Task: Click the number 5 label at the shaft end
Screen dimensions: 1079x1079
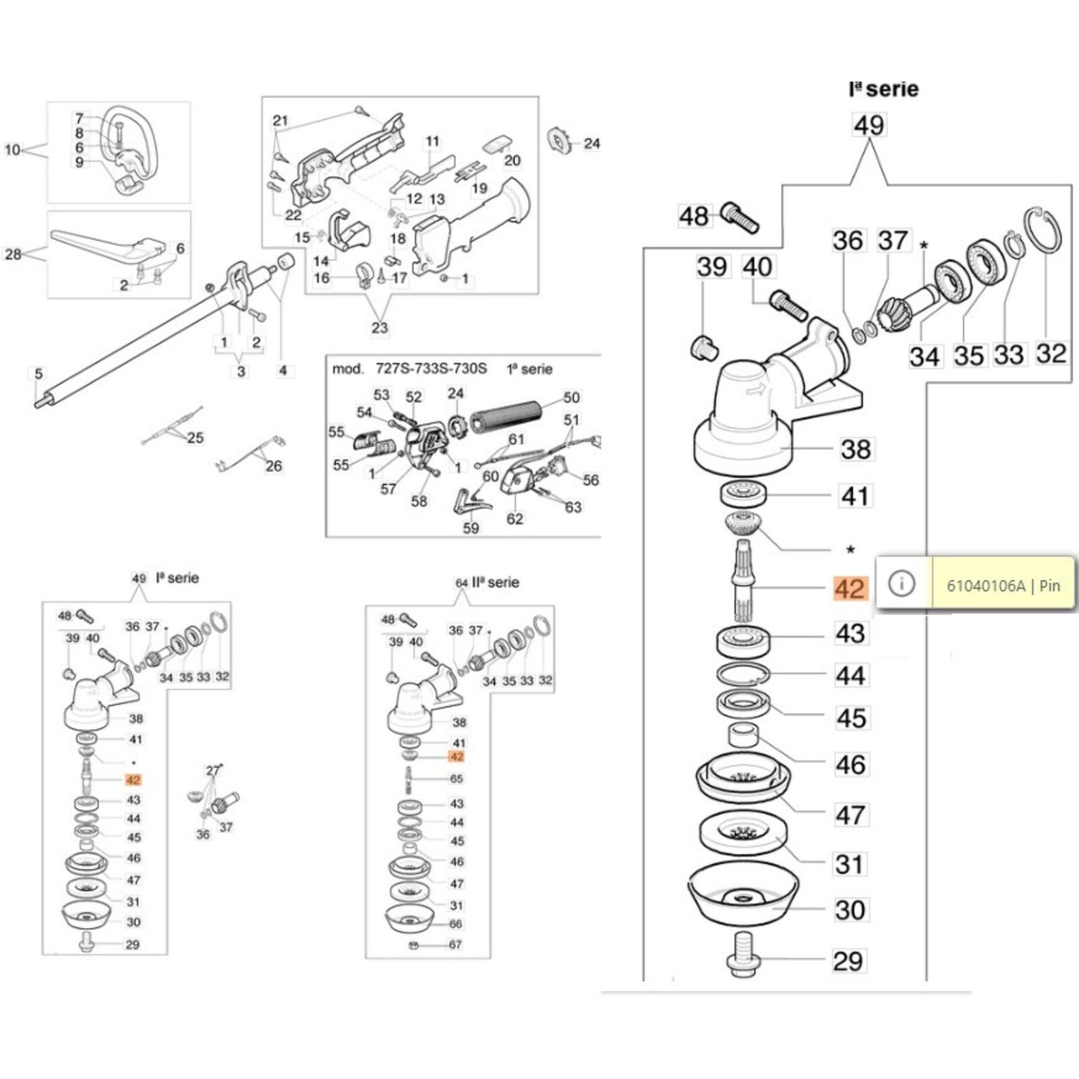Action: (38, 374)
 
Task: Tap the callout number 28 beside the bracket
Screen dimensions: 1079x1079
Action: (13, 254)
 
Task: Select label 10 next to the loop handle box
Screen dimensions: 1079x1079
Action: (13, 150)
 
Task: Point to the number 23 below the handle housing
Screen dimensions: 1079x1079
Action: (380, 328)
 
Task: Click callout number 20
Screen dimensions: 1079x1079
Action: (513, 161)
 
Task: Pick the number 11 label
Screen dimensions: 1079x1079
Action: (432, 142)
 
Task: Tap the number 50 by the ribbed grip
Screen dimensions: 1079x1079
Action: (571, 398)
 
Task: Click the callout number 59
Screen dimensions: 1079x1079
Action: (471, 528)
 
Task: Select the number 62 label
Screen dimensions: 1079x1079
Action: (515, 519)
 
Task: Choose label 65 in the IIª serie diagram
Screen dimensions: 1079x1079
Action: (457, 779)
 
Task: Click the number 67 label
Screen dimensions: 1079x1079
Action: (455, 945)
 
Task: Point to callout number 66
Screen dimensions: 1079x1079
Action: (456, 924)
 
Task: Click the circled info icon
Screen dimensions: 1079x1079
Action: (902, 583)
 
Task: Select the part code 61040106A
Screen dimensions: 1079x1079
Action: (985, 585)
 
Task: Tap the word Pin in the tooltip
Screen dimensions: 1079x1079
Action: (1049, 585)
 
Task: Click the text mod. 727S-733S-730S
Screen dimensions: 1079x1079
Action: (409, 369)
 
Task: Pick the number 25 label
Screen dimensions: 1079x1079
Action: (196, 438)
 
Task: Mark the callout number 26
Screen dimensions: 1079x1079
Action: (273, 465)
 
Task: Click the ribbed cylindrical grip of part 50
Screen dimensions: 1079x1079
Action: (506, 417)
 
